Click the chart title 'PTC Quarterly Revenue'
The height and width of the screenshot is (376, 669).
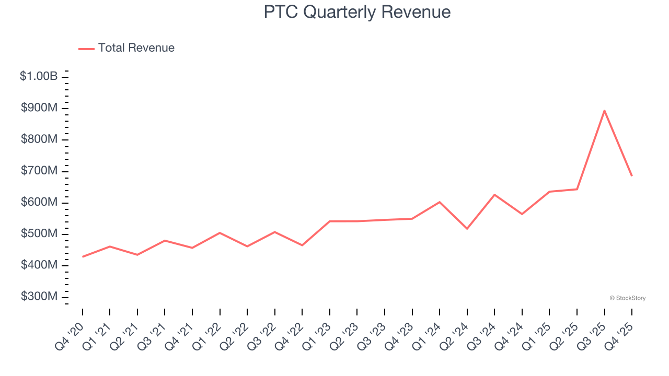[x=357, y=12]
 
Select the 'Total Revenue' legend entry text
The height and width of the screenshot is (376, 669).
[x=136, y=48]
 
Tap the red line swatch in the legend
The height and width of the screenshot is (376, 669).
[x=86, y=49]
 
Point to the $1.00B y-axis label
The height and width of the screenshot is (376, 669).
[x=39, y=76]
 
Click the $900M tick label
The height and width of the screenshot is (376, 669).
[x=39, y=108]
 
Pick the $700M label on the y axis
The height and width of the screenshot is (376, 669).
[x=39, y=171]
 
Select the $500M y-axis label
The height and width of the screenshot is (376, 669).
[x=39, y=233]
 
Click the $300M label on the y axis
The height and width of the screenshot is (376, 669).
[x=39, y=297]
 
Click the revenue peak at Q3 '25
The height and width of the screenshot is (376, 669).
[x=604, y=111]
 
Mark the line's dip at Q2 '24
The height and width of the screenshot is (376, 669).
[x=467, y=229]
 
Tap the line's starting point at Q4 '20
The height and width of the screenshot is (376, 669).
[x=83, y=257]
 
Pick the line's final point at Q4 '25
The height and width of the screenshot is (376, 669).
[x=632, y=176]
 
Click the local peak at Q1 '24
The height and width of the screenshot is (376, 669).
[x=440, y=202]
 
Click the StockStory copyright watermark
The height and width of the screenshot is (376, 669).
[x=627, y=298]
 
